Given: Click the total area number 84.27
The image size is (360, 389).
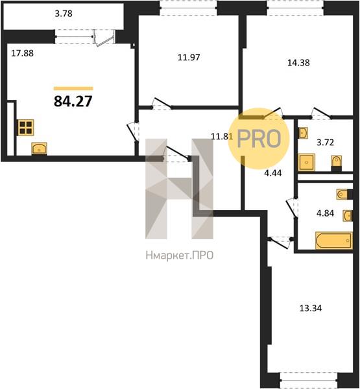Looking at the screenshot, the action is pyautogui.click(x=73, y=102).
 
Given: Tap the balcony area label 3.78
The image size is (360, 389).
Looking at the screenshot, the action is pyautogui.click(x=64, y=14).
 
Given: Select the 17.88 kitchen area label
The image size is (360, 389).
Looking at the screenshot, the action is pyautogui.click(x=22, y=53).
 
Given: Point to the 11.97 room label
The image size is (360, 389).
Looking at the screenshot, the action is pyautogui.click(x=189, y=57).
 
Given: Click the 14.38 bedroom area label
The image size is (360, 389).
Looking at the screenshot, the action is pyautogui.click(x=298, y=62).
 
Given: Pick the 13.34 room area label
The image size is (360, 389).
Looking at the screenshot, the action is pyautogui.click(x=311, y=308).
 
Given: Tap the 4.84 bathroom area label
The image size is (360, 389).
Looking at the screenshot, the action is pyautogui.click(x=325, y=213).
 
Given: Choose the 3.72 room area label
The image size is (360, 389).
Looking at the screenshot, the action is pyautogui.click(x=325, y=143).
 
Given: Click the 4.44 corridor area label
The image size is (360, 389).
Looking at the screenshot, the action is pyautogui.click(x=273, y=173).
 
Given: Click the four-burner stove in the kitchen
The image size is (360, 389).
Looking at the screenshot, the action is pyautogui.click(x=26, y=128).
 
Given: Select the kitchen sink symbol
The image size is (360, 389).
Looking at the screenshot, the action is pyautogui.click(x=39, y=148).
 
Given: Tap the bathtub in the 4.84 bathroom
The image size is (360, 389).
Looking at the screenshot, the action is pyautogui.click(x=333, y=240).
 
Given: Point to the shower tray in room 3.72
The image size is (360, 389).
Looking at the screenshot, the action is pyautogui.click(x=307, y=162).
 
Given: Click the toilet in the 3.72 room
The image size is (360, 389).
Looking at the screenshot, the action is pyautogui.click(x=337, y=163).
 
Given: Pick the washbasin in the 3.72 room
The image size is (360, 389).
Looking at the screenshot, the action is pyautogui.click(x=303, y=133).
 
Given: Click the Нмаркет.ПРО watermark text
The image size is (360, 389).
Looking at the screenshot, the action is pyautogui.click(x=179, y=255).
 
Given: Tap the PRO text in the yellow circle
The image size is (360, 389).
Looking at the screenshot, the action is pyautogui.click(x=259, y=139).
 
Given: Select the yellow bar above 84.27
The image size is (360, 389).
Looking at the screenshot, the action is pyautogui.click(x=73, y=88).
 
